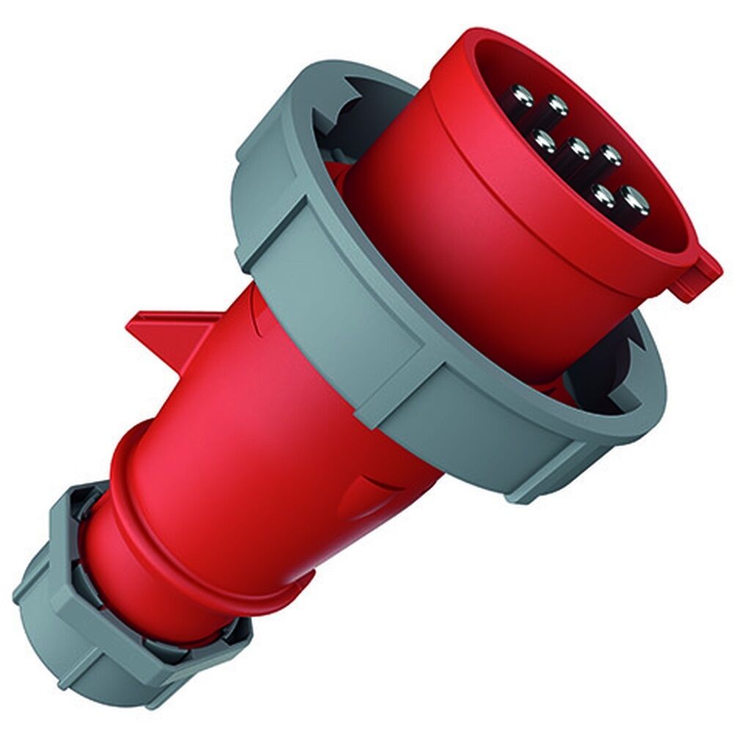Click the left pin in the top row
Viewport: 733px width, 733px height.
523,96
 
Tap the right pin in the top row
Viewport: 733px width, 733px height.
556,107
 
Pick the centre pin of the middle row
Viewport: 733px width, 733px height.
579,149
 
